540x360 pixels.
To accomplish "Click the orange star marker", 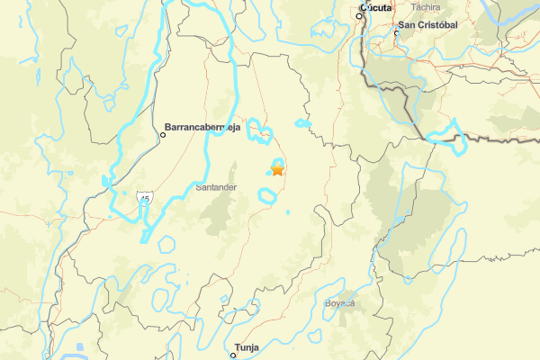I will (x=277, y=168).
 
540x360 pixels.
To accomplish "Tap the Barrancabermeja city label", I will (x=204, y=127).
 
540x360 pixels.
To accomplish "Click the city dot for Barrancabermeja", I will (x=164, y=135).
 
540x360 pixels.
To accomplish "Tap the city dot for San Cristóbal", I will (x=397, y=34).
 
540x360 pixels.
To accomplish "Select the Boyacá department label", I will (x=341, y=303).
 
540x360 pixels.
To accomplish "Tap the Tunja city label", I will (x=246, y=346).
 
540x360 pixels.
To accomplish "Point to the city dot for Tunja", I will (x=233, y=355).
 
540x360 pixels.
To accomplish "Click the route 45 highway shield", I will (x=144, y=196).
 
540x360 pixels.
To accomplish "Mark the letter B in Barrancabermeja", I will (x=168, y=127).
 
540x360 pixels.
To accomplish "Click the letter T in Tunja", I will (x=237, y=346).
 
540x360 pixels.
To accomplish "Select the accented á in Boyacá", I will (x=354, y=303).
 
